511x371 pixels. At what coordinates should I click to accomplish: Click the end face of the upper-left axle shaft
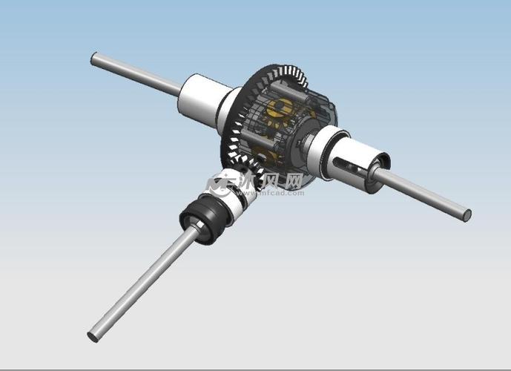click(94, 58)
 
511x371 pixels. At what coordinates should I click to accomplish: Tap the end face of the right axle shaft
click(467, 215)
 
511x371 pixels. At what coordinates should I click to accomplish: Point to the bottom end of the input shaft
click(93, 336)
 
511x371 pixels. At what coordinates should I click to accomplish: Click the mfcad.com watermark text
click(280, 193)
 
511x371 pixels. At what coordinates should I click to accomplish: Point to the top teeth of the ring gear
click(286, 74)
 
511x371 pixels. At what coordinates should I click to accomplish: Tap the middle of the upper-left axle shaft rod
click(137, 74)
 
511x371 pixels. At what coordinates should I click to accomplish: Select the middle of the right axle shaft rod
click(426, 196)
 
